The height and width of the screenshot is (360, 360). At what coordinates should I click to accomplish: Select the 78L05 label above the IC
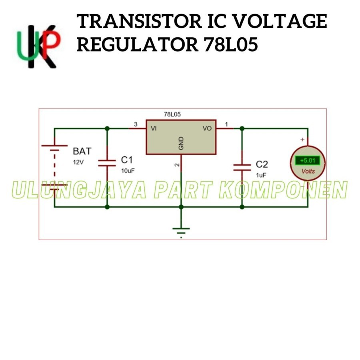click(x=172, y=114)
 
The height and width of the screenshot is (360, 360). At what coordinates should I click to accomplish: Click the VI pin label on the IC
click(x=154, y=128)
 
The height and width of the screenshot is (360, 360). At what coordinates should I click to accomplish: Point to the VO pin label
click(x=207, y=128)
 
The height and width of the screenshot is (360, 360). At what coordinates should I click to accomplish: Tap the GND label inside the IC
click(x=181, y=144)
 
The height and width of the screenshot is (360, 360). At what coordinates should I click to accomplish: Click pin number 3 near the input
click(x=135, y=124)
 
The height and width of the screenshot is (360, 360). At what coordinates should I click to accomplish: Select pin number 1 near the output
click(x=226, y=124)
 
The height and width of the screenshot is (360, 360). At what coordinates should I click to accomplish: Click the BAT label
click(x=82, y=151)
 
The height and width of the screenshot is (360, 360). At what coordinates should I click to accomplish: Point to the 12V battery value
click(x=79, y=162)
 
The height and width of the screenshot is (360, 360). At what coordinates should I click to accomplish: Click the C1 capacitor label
click(x=127, y=160)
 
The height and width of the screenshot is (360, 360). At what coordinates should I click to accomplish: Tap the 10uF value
click(x=128, y=171)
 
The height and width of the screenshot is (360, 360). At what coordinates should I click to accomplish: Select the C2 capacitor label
click(x=262, y=164)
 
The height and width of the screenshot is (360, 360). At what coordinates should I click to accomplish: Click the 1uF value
click(x=261, y=175)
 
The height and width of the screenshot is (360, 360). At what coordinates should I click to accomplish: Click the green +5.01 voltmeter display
click(x=308, y=161)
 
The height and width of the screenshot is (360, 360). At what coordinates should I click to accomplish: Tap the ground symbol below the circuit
click(x=181, y=231)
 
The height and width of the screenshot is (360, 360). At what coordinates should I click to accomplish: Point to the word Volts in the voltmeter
click(x=308, y=171)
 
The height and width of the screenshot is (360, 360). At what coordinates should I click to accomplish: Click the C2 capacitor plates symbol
click(x=242, y=166)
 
